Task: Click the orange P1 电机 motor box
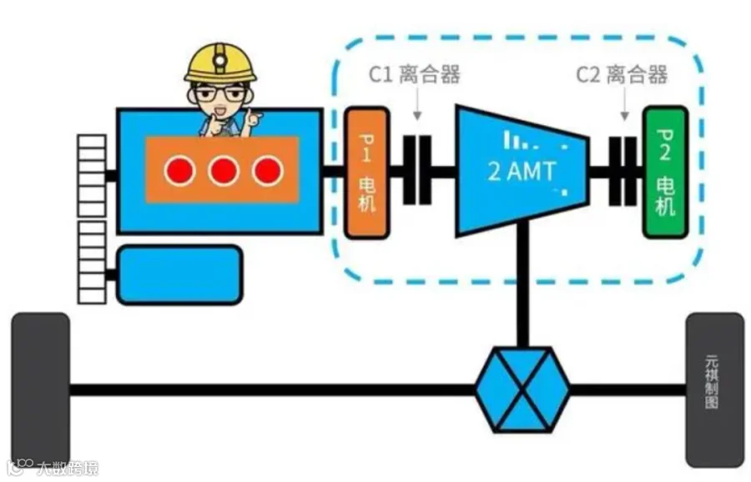pos(366,173)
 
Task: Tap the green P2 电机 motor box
pos(665,173)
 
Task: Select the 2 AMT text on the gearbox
pos(522,171)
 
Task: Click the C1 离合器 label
pos(415,74)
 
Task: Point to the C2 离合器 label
pos(622,75)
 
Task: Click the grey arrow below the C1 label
pos(417,104)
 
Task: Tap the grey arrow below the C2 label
pos(624,104)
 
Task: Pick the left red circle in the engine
pos(179,171)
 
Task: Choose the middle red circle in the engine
pos(224,171)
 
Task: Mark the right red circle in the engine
pos(267,171)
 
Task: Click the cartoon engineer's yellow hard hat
pos(220,63)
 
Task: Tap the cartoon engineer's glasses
pos(221,93)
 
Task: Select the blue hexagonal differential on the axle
pos(522,389)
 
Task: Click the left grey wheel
pos(41,389)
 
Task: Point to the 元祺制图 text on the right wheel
pos(712,381)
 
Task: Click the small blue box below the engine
pos(179,274)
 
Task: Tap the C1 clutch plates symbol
pos(417,170)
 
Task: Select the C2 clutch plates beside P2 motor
pos(623,171)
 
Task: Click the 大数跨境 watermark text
pos(68,468)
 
